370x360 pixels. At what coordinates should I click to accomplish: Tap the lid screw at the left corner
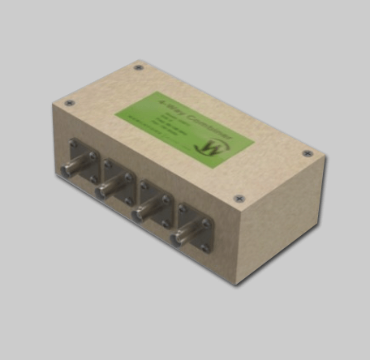tap(69, 103)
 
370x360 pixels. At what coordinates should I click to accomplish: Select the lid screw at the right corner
tap(307, 153)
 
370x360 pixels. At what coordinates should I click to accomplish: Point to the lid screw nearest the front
tap(238, 198)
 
